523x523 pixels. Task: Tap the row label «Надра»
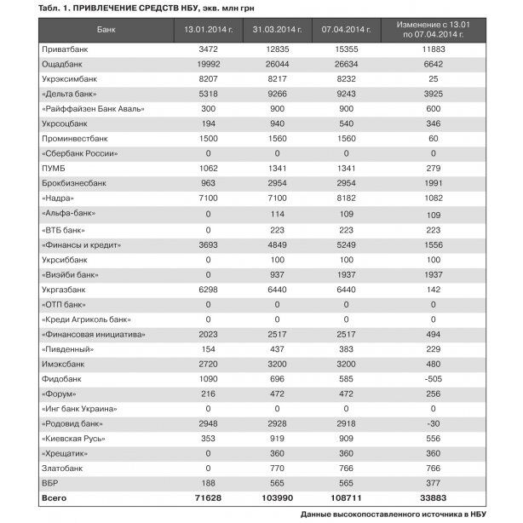(60, 198)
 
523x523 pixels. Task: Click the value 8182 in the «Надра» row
(346, 198)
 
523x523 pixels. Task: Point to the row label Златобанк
(62, 467)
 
